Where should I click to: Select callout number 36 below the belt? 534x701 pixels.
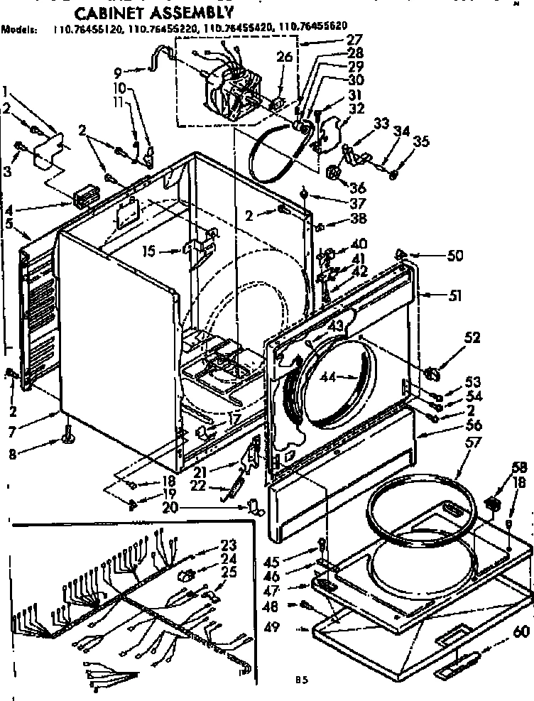[358, 188]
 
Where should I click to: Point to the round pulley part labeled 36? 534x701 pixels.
[334, 173]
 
